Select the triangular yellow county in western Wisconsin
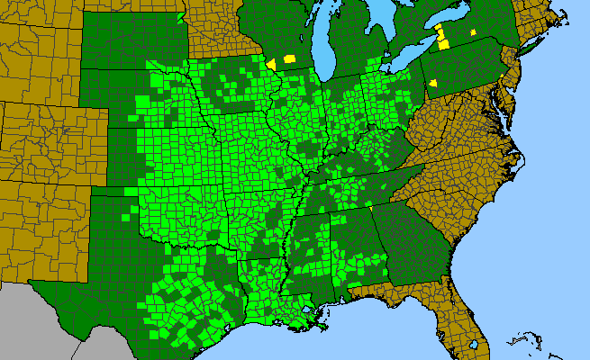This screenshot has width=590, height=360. click(x=271, y=64)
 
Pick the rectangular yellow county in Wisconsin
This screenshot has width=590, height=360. click(x=290, y=58)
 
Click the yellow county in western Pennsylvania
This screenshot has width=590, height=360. click(x=433, y=83)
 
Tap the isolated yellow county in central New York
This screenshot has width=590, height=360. click(x=473, y=32)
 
